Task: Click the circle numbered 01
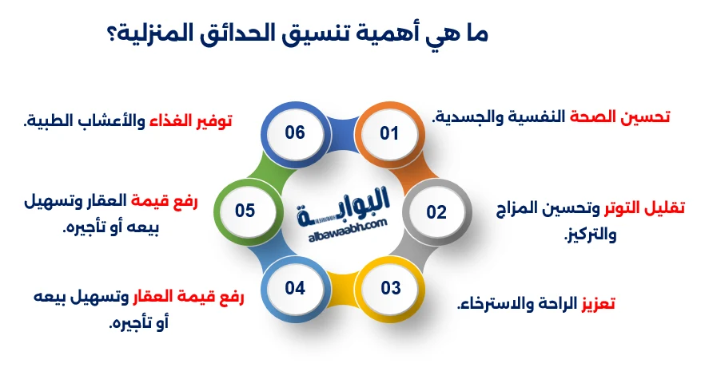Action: (x=388, y=133)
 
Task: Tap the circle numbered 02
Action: (x=436, y=211)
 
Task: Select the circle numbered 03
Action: (x=390, y=288)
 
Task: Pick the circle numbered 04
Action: (x=295, y=288)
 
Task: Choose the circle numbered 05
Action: (x=245, y=211)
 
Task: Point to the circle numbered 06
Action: (x=295, y=132)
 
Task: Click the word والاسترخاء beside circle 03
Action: (x=488, y=304)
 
